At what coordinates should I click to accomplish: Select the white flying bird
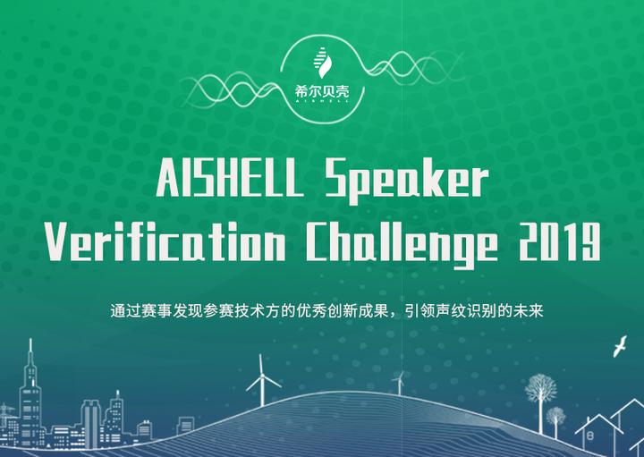click(x=618, y=347)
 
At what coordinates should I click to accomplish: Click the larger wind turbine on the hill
click(x=263, y=380)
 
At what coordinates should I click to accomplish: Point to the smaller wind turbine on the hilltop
click(x=399, y=380)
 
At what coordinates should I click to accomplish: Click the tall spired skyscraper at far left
click(x=30, y=394)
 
